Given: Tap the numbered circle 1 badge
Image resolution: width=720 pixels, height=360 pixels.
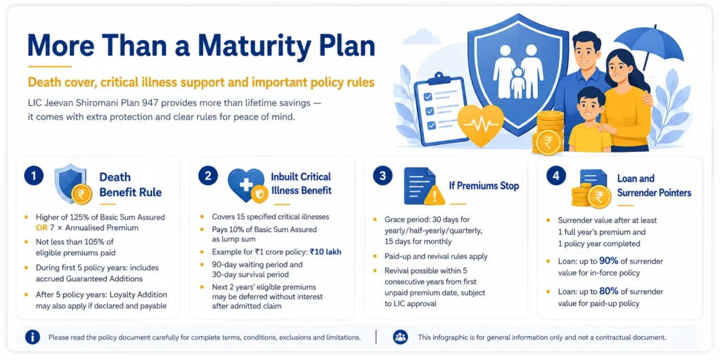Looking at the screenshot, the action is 34,176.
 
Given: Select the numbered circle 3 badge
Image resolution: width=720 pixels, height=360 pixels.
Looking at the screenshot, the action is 382,176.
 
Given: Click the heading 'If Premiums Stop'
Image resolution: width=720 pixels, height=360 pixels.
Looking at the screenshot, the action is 484,186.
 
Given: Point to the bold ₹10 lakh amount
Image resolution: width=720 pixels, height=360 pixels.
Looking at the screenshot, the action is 326,252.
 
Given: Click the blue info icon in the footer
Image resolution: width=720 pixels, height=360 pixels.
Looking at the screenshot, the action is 32,337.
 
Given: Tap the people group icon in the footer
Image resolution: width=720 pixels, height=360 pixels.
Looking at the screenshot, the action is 400,337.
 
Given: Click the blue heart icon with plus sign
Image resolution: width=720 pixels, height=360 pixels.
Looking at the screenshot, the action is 245,185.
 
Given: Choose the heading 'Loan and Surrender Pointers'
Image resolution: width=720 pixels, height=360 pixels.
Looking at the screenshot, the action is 654,186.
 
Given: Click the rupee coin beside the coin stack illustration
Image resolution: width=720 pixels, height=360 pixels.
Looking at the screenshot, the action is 548,143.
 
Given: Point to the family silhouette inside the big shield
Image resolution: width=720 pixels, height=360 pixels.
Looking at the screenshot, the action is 518,70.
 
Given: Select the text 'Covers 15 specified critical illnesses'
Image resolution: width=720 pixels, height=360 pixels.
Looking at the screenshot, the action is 271,217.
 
